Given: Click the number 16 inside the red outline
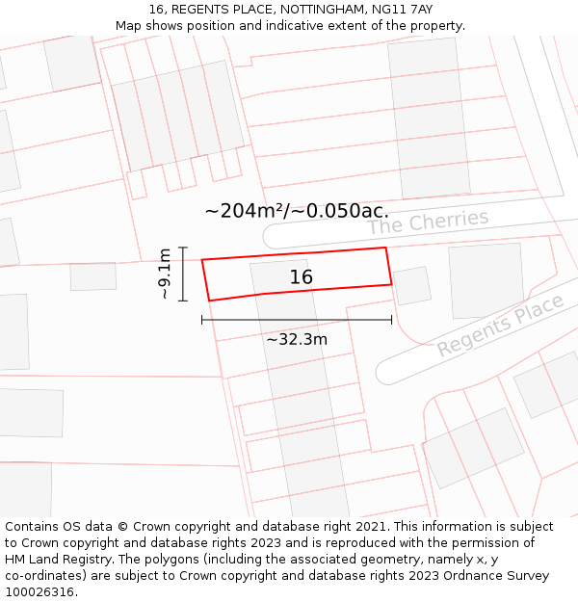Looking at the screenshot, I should [x=302, y=277].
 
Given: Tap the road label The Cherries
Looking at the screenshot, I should [x=428, y=222].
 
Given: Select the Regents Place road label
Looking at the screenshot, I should [x=500, y=326].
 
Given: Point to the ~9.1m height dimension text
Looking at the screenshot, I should [x=165, y=274].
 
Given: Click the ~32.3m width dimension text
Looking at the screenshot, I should [x=297, y=339].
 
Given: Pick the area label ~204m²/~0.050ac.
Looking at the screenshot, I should [x=297, y=211].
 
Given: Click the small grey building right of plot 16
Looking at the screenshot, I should [x=412, y=285].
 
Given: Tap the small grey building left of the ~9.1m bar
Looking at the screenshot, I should [x=92, y=276].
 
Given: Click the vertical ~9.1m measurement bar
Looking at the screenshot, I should [x=183, y=274].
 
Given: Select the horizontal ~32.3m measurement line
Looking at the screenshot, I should [x=297, y=319].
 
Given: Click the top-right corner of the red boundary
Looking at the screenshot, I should [x=386, y=248].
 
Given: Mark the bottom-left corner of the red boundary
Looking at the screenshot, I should [x=208, y=301].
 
